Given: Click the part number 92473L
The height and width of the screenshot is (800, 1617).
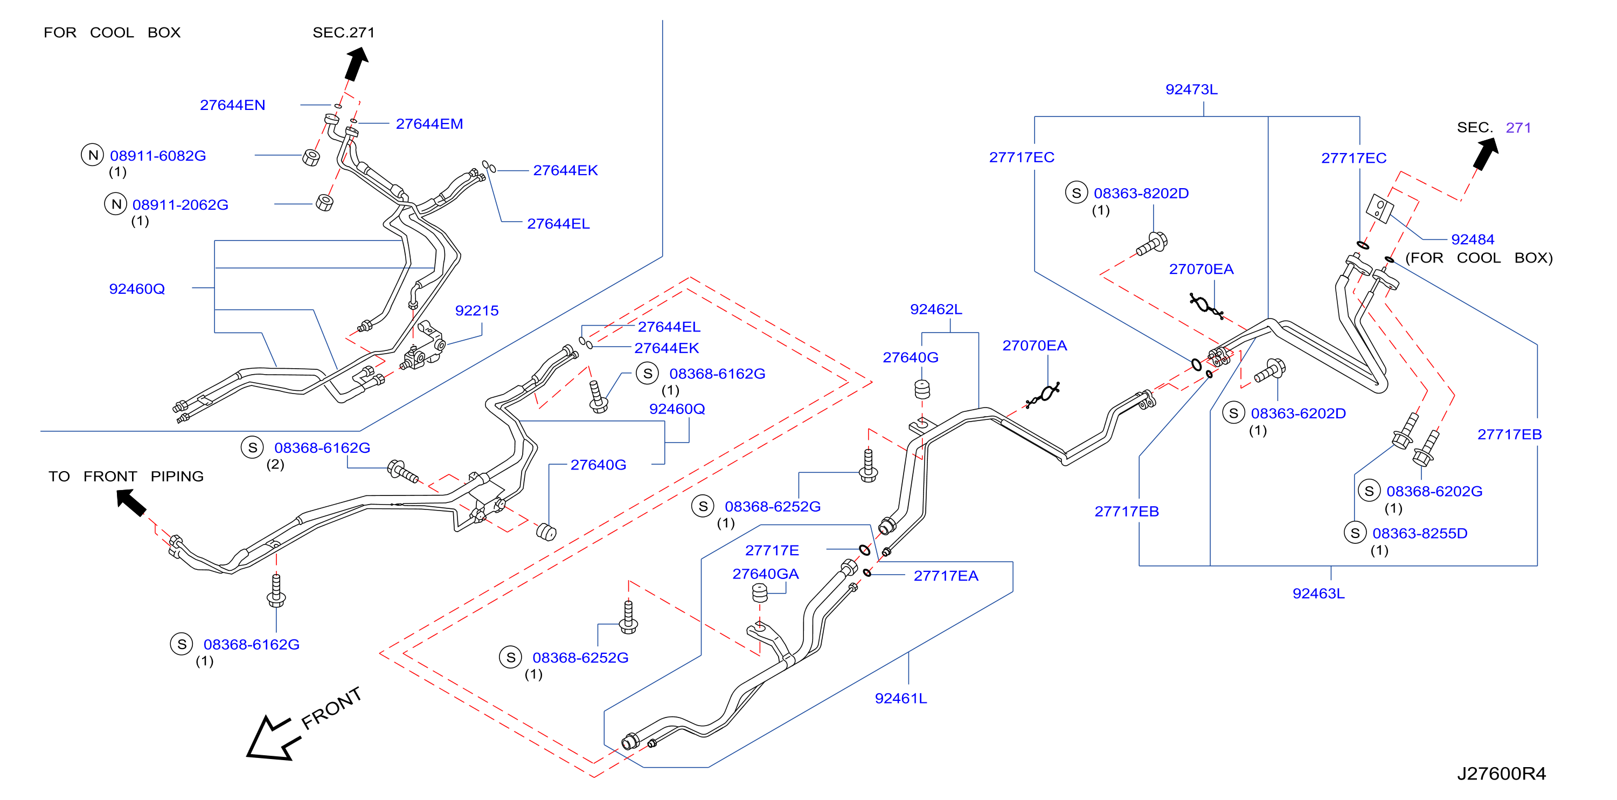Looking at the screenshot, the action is (1191, 89).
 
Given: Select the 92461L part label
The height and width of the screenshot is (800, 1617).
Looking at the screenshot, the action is (900, 698).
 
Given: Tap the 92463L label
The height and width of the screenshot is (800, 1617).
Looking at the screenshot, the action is (1317, 594).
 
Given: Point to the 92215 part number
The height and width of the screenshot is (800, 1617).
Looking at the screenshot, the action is (476, 311).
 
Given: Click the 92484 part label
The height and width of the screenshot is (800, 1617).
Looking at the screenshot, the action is (1472, 239).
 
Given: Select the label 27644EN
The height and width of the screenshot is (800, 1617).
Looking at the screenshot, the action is (232, 105).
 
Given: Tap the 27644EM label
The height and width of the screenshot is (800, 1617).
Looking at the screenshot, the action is (429, 123).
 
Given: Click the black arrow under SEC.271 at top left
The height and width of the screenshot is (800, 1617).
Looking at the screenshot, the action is (357, 65).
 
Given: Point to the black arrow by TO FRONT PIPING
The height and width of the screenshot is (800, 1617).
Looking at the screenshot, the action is (130, 502).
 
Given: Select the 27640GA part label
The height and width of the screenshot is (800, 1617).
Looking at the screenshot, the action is (765, 574).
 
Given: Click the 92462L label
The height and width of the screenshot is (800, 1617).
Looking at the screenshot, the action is (935, 309).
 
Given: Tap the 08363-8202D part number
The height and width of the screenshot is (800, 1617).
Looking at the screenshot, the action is (1141, 194).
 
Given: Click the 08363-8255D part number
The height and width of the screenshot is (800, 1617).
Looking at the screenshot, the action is (1419, 534).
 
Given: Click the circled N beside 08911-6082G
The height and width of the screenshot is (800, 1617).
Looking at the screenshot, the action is (92, 155).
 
